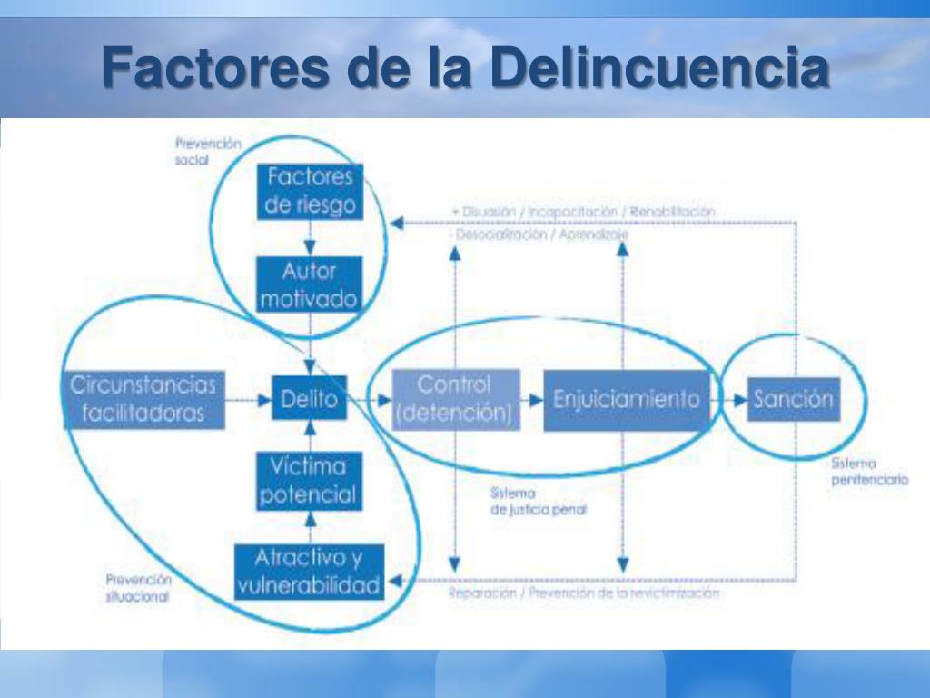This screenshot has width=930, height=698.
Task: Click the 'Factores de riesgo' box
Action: click(311, 191)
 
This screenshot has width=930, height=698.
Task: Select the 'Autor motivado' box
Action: click(309, 284)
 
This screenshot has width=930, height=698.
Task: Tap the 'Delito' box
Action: click(309, 398)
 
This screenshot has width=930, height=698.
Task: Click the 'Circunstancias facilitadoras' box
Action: click(143, 399)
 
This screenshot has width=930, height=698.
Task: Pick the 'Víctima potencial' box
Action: click(309, 481)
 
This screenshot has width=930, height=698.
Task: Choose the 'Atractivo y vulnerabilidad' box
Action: click(309, 572)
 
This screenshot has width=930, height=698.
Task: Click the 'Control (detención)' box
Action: click(455, 398)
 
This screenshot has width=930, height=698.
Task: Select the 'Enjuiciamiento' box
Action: click(627, 399)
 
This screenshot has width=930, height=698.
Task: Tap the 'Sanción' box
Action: click(792, 399)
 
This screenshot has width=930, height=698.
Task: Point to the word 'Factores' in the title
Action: click(214, 69)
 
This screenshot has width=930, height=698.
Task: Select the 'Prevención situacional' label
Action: click(138, 588)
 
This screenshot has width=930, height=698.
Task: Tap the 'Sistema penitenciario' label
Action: click(869, 472)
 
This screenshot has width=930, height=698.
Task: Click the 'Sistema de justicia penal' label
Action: click(538, 502)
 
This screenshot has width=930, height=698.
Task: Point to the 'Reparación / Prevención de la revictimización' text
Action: click(584, 593)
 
